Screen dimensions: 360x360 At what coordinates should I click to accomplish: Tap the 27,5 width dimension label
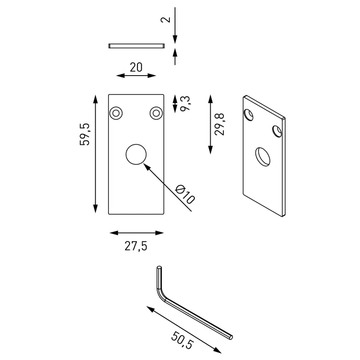click(136, 246)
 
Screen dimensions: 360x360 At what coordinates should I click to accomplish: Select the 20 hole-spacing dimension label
click(136, 67)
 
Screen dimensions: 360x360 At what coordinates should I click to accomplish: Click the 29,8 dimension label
click(219, 124)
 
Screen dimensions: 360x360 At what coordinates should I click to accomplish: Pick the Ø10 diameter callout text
click(184, 194)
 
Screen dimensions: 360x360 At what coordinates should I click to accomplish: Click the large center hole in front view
click(136, 154)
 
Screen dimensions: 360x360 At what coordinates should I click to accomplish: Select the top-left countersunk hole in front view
click(116, 113)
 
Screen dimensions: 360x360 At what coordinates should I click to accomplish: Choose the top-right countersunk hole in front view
click(156, 113)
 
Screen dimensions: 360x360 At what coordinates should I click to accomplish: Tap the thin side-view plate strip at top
click(136, 46)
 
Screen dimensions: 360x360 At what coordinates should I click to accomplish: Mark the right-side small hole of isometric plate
click(277, 131)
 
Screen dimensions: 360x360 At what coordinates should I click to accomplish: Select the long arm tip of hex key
click(230, 336)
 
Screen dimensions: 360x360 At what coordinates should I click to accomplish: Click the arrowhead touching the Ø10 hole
click(145, 165)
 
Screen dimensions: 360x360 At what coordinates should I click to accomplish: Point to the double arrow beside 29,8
click(210, 124)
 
